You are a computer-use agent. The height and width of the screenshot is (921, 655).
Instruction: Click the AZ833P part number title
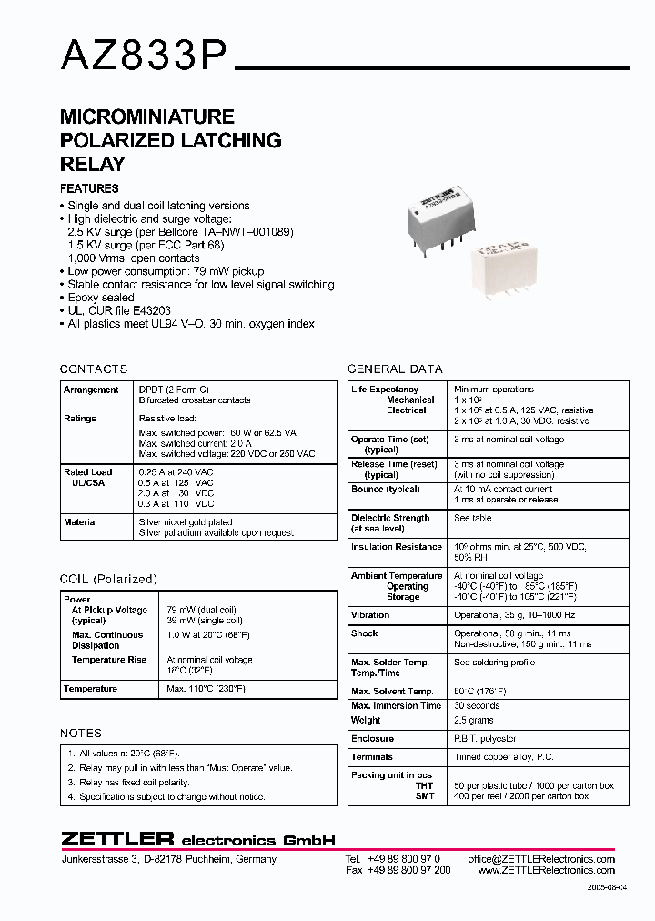tap(144, 57)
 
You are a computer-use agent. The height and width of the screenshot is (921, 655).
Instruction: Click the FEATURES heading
tap(89, 189)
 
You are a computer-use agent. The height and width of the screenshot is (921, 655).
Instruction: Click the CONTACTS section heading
tap(94, 369)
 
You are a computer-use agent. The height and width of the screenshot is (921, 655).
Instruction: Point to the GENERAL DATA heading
tap(395, 369)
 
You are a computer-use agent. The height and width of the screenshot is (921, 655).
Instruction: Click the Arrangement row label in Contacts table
tap(91, 390)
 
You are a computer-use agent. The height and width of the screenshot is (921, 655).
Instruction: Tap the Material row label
tap(80, 522)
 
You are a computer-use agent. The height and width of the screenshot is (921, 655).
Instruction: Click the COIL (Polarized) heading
tap(108, 579)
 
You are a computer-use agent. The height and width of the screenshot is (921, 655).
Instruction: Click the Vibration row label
tap(370, 615)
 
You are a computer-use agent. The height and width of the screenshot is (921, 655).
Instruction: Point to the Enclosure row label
tap(373, 739)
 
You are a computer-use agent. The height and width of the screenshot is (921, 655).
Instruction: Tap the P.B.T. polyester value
tap(485, 739)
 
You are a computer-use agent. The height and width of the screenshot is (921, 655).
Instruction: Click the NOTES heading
tap(81, 733)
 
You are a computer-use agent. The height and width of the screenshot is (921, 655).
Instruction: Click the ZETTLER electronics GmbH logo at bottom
tap(198, 839)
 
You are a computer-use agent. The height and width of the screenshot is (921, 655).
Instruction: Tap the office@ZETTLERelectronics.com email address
tap(541, 859)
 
